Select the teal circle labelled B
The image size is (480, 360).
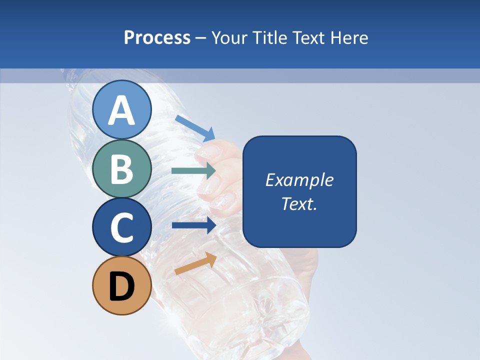[121, 169]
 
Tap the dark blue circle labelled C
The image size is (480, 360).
[121, 227]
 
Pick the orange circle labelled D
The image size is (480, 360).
[121, 285]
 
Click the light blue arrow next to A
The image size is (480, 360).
[195, 128]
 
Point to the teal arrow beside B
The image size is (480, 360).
[193, 170]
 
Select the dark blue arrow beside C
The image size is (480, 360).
[193, 225]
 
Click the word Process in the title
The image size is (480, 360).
[157, 38]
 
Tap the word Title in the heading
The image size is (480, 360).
[268, 38]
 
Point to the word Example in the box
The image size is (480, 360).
[299, 180]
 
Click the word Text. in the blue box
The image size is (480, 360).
[299, 204]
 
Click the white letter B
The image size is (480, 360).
[121, 169]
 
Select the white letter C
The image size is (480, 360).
[121, 227]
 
